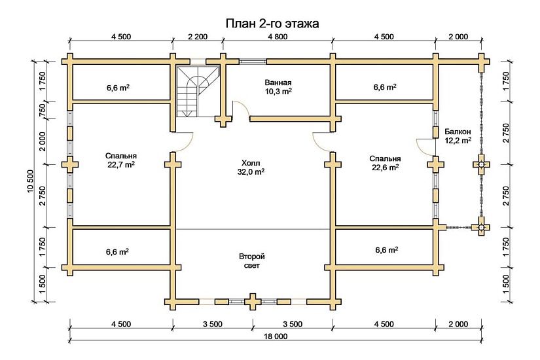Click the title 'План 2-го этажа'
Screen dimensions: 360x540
(272, 24)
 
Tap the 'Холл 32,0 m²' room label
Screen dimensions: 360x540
(251, 168)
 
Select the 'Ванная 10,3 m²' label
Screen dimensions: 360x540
(278, 87)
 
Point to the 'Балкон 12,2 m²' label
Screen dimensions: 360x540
(458, 135)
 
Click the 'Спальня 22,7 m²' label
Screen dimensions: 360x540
(120, 160)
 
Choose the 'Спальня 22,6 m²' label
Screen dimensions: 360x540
(385, 162)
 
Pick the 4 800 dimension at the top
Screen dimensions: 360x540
(278, 37)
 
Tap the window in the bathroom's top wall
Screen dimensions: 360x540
(252, 62)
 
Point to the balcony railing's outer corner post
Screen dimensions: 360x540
(482, 228)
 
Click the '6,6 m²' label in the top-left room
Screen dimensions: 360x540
(117, 87)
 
